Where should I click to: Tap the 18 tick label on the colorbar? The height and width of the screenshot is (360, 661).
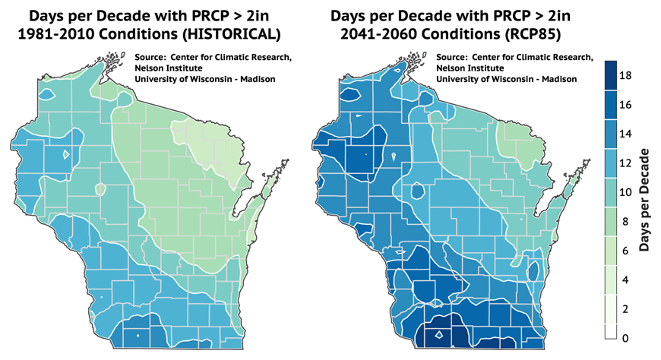tap(625, 76)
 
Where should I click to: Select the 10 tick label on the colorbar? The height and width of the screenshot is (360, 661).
tap(625, 192)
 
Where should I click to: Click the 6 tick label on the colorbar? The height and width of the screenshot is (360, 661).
tap(625, 250)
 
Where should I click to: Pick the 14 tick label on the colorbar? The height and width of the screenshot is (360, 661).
tap(625, 134)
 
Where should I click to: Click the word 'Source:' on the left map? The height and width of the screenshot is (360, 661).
tap(149, 57)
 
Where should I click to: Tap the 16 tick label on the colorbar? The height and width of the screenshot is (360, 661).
tap(625, 105)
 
